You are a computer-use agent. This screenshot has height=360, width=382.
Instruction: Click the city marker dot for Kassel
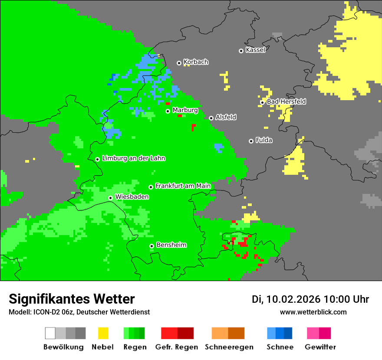[x=241, y=51]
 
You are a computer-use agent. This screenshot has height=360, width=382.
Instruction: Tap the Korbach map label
[x=196, y=62]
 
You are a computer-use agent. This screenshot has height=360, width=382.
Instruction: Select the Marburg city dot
[x=168, y=111]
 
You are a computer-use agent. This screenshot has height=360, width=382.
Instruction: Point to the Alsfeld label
[x=226, y=117]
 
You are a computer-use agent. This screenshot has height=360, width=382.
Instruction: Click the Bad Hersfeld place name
[x=286, y=101]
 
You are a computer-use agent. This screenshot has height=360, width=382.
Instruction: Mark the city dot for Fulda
[x=251, y=141]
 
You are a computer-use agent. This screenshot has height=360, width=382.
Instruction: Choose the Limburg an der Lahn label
[x=133, y=158]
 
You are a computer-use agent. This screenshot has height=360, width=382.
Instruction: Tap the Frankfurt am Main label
[x=183, y=186]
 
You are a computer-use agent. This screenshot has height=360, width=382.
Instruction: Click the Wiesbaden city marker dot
[x=110, y=198]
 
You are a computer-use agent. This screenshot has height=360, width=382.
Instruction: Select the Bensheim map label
[x=171, y=245]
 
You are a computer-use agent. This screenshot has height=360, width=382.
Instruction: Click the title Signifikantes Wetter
[x=72, y=299]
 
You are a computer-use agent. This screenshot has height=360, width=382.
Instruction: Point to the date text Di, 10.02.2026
[x=286, y=299]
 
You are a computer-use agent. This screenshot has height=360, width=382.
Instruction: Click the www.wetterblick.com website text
[x=313, y=312]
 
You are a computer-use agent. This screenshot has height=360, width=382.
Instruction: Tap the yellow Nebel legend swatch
[x=103, y=333]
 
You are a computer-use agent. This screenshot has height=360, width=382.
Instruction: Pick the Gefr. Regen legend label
[x=177, y=347]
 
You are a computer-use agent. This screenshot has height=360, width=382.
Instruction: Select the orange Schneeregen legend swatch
[x=228, y=333]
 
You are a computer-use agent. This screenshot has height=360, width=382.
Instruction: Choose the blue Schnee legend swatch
[x=280, y=333]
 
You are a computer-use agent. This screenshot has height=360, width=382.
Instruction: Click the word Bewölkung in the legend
[x=63, y=347]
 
